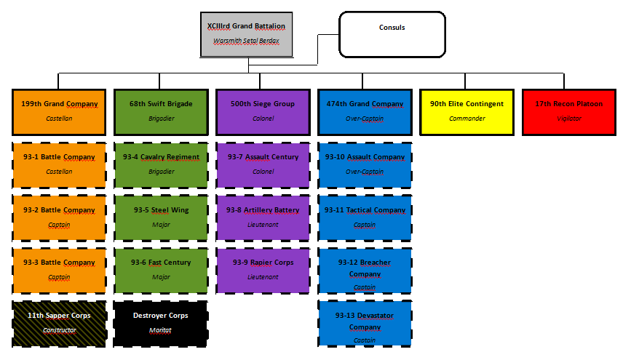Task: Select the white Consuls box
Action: (392, 34)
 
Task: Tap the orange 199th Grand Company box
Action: (59, 111)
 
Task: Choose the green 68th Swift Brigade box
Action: (161, 111)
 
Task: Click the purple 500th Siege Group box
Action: (263, 111)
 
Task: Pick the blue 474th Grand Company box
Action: (365, 111)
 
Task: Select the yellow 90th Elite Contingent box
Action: (467, 111)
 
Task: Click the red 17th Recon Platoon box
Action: (569, 111)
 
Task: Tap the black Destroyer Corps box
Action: (161, 322)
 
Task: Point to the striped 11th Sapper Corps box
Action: (59, 322)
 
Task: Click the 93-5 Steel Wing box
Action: (161, 217)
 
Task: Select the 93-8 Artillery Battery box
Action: (263, 217)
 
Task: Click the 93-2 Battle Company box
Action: (59, 217)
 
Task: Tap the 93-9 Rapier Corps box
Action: (263, 269)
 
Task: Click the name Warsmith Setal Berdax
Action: (246, 41)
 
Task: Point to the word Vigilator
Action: (569, 119)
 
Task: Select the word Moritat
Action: (161, 330)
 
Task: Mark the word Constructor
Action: (59, 330)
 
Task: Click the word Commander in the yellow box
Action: (467, 119)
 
